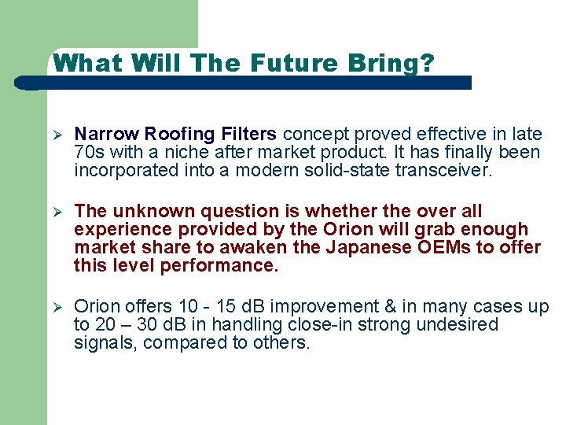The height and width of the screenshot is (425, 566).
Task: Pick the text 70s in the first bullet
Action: (89, 152)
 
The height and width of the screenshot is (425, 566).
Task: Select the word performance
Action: (219, 265)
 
